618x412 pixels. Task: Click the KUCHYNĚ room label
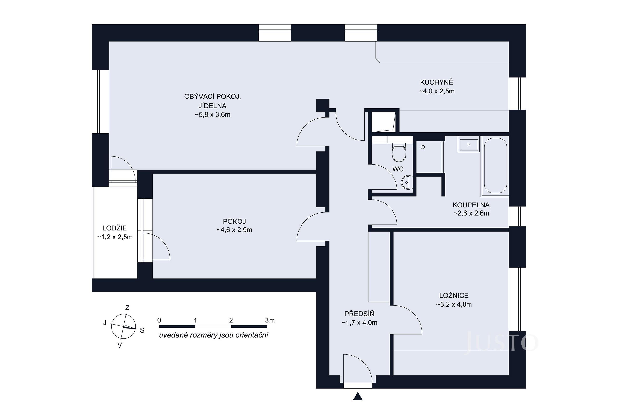tap(436, 82)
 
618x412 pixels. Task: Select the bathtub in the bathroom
tap(495, 166)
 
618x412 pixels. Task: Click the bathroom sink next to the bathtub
tap(469, 144)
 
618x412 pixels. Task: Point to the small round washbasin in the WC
tap(406, 182)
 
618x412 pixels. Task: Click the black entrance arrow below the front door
tap(358, 396)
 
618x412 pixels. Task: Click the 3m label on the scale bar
tap(270, 320)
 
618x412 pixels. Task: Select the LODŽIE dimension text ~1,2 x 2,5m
tap(115, 237)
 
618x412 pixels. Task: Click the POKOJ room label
tap(234, 221)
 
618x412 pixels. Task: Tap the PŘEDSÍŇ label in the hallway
tap(359, 314)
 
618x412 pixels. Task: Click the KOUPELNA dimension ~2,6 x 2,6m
tap(471, 213)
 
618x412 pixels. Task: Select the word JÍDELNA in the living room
tap(212, 106)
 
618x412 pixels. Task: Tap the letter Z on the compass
tap(127, 308)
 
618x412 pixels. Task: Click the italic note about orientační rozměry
tap(213, 335)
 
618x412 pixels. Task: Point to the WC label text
tap(398, 169)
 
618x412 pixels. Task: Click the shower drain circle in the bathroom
tap(423, 147)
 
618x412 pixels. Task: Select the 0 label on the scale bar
tap(159, 320)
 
